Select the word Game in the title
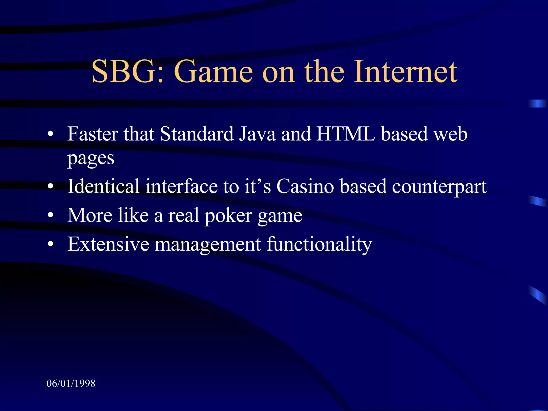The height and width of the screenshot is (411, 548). pyautogui.click(x=213, y=72)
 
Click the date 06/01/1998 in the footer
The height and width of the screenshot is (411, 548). pyautogui.click(x=71, y=383)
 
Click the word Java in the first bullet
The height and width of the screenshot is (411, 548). pyautogui.click(x=257, y=134)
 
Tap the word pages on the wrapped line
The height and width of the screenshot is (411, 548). pyautogui.click(x=91, y=159)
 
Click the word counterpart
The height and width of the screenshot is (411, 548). pyautogui.click(x=439, y=187)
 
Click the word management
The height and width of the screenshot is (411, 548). pyautogui.click(x=208, y=245)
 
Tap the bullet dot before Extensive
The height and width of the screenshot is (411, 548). pyautogui.click(x=50, y=244)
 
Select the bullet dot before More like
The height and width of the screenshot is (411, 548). pyautogui.click(x=50, y=215)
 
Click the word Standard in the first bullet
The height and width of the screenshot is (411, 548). pyautogui.click(x=197, y=134)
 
